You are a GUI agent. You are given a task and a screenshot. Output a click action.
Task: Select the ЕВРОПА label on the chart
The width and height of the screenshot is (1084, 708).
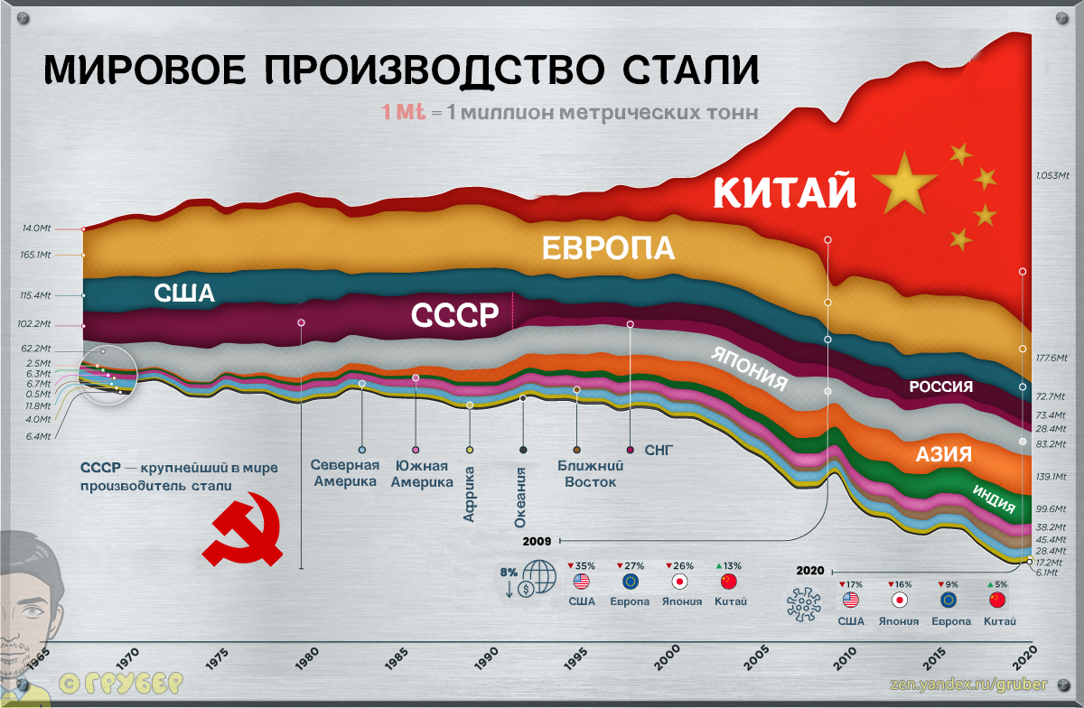(608, 248)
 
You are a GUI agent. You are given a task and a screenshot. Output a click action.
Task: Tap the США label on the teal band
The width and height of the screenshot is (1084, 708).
(184, 294)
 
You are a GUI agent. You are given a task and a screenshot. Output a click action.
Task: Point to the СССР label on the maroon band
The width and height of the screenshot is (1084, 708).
(454, 316)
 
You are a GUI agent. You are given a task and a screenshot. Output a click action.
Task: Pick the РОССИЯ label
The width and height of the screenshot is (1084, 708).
(940, 387)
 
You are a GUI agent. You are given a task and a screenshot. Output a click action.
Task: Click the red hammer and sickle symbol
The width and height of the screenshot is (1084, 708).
(243, 529)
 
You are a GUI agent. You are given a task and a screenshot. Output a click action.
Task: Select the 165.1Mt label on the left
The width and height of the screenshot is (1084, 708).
(35, 256)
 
